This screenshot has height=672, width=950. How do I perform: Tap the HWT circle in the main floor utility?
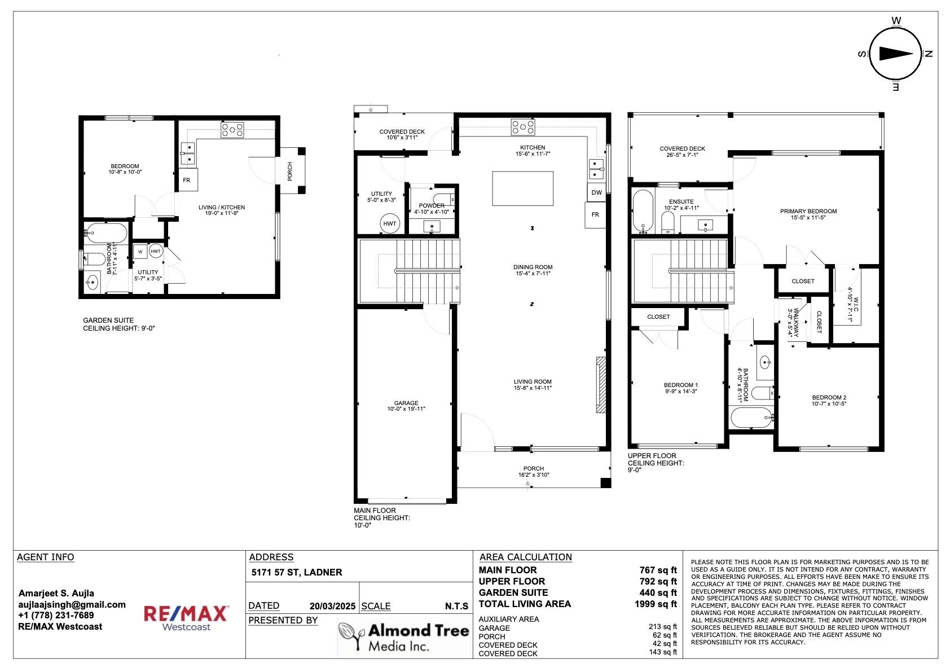(390, 223)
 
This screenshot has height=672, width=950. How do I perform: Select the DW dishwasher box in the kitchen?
(596, 192)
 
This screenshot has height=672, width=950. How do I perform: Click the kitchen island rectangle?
(522, 189)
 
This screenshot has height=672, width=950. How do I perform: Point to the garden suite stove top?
(232, 129)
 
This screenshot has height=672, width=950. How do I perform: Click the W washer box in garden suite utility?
(140, 252)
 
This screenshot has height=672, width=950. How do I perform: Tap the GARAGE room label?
(406, 406)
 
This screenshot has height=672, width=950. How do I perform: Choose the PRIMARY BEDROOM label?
(808, 214)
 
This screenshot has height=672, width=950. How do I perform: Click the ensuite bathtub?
(643, 211)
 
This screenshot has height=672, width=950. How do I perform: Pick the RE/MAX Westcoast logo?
(186, 618)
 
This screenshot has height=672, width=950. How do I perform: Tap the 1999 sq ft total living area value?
(656, 604)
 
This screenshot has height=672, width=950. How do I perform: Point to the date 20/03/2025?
(332, 606)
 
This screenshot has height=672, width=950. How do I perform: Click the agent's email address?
(72, 604)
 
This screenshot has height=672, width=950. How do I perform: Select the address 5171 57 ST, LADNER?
(296, 572)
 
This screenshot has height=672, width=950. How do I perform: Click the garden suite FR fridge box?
(187, 180)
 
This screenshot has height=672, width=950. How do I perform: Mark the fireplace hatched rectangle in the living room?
(601, 385)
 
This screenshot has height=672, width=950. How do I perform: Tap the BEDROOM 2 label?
(829, 401)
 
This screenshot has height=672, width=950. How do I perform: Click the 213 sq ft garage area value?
(662, 627)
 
